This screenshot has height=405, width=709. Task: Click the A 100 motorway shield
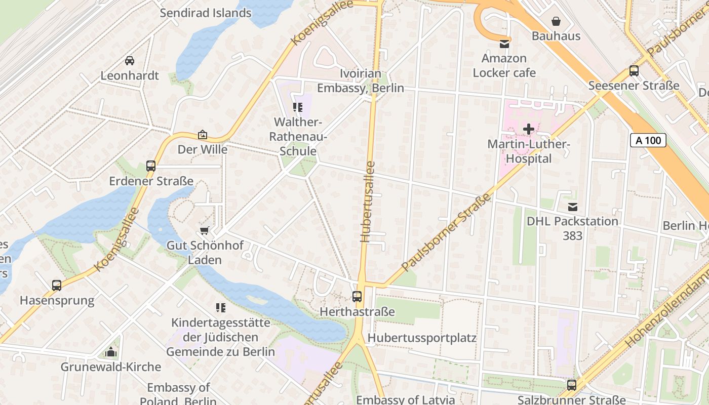tap(648, 140)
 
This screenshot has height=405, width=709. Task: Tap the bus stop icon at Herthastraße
tap(357, 297)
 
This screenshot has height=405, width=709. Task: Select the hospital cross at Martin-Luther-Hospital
tap(529, 129)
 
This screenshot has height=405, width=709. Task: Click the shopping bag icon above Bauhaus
tap(556, 21)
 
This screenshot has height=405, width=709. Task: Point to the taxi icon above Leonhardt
tap(130, 61)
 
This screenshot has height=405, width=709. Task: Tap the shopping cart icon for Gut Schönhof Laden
tap(205, 230)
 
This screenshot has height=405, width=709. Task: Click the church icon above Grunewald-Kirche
tap(110, 352)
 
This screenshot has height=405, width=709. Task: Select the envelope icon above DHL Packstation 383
tap(573, 207)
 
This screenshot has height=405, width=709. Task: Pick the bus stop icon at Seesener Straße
tap(634, 71)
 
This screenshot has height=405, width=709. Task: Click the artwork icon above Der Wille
tap(203, 135)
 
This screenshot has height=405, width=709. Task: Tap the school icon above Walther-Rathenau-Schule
tap(298, 107)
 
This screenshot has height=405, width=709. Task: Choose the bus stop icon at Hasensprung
tap(57, 286)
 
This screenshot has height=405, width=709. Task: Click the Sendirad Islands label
tap(206, 13)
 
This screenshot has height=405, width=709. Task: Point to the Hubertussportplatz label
tap(422, 338)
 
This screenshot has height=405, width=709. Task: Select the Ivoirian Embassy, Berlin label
tap(361, 81)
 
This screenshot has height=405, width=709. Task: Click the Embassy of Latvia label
tap(405, 399)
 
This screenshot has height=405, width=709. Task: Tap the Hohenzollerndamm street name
tap(666, 309)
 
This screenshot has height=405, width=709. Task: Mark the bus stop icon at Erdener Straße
tap(151, 166)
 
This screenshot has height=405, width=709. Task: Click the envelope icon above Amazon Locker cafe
tap(504, 44)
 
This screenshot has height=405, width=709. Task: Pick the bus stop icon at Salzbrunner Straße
tap(572, 385)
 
